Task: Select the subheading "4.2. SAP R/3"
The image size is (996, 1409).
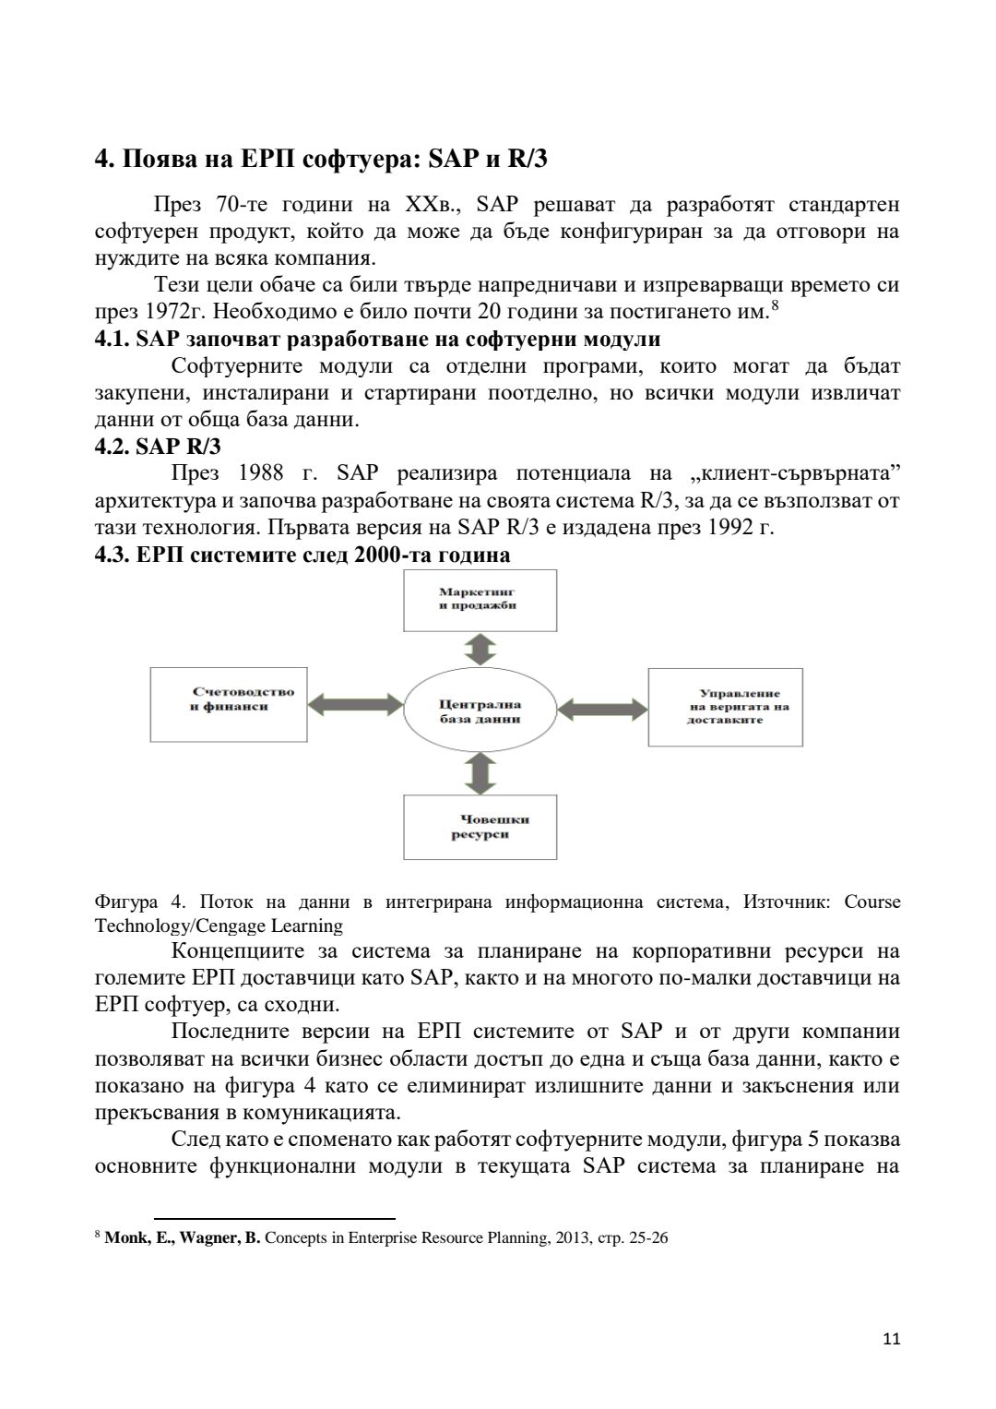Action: [x=158, y=447]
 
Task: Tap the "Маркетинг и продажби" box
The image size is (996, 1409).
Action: [x=480, y=600]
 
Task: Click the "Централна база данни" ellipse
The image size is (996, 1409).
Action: [x=479, y=710]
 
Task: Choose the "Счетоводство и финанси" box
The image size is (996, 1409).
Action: [x=229, y=704]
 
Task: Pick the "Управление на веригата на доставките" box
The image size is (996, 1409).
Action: [x=725, y=707]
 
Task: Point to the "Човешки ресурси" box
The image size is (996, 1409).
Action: [x=480, y=827]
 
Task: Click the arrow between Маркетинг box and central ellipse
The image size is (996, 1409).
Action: [x=480, y=650]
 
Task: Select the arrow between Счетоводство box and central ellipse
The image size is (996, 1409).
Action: [x=356, y=705]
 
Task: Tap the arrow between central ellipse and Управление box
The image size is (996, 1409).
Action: [x=604, y=709]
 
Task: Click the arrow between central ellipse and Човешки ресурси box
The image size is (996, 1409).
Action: [x=480, y=772]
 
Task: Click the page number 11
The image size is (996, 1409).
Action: [x=891, y=1339]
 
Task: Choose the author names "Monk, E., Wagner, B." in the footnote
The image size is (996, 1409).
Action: [x=183, y=1238]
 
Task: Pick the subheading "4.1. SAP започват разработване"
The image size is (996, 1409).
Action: [x=377, y=340]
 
